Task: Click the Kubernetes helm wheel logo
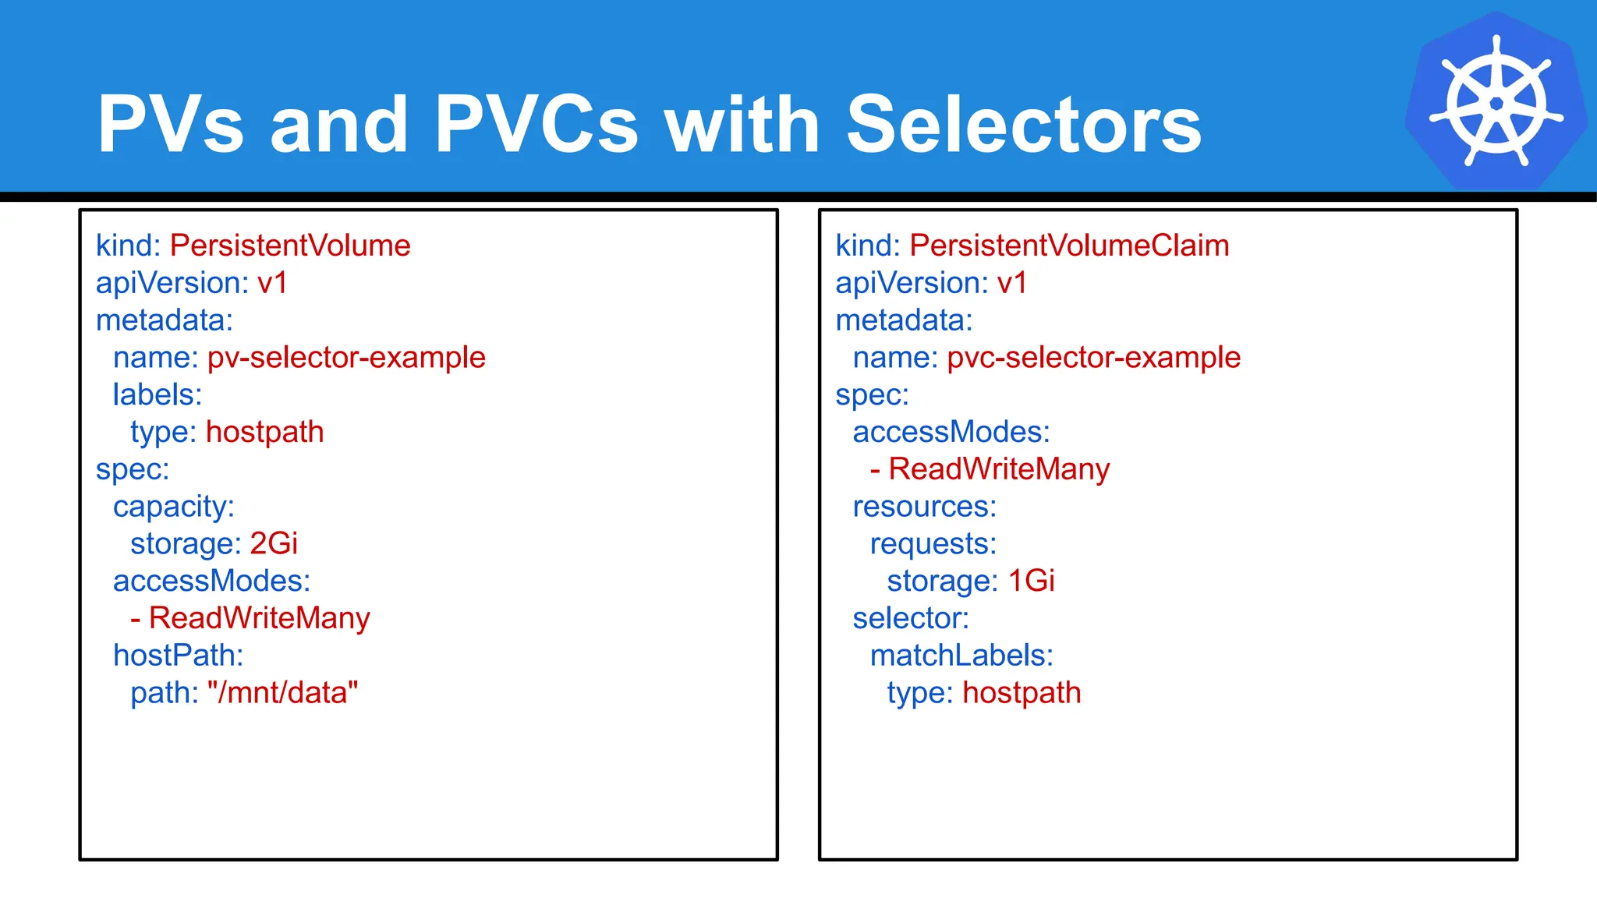1496,101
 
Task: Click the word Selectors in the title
1023,125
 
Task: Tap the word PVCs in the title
536,125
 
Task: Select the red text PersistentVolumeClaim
1069,246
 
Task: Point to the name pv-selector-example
346,358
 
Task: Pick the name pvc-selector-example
1093,358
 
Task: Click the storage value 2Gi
274,544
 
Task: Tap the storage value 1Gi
1031,582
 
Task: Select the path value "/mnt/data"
282,693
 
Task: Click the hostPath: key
178,656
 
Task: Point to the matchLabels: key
961,656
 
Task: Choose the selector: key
911,619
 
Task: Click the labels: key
158,395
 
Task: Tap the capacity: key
174,507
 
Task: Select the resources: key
925,507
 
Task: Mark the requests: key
933,544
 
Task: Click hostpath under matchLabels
1022,693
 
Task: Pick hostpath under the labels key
264,433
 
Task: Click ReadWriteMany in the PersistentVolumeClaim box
999,469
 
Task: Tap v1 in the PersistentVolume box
272,283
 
